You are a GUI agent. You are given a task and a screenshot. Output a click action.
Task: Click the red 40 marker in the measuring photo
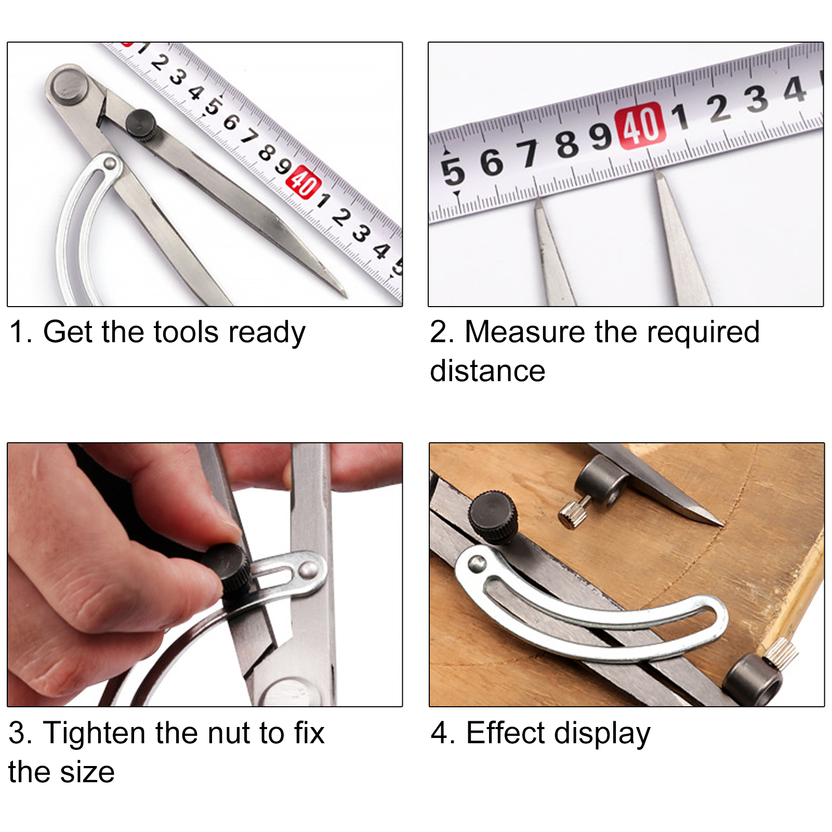640,126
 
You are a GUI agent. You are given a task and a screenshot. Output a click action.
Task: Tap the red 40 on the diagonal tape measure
304,182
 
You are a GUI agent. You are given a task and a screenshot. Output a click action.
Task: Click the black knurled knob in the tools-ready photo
140,124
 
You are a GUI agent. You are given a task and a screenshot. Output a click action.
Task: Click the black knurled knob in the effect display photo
493,516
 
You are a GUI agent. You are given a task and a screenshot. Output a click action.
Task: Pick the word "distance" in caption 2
487,371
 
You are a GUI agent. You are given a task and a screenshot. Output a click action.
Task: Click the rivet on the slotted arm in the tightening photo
308,569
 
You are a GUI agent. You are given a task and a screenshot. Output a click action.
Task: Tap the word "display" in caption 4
602,734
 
